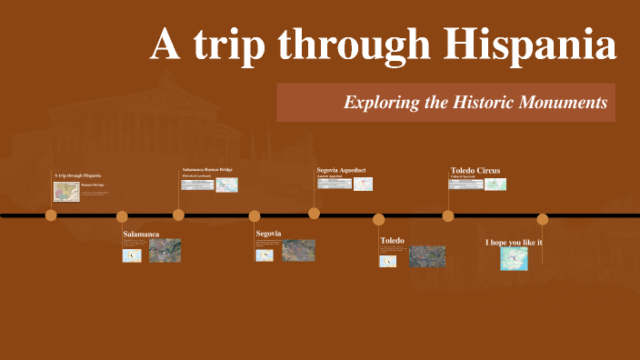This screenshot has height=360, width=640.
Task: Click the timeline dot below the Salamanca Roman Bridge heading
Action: click(178, 215)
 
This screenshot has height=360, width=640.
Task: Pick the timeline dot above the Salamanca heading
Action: click(122, 216)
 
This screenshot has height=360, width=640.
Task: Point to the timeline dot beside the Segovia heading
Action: click(255, 216)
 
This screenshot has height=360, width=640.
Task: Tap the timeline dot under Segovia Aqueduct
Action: click(314, 214)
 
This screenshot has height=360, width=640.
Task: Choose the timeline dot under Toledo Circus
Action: click(448, 216)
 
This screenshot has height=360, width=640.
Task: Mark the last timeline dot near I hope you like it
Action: click(543, 219)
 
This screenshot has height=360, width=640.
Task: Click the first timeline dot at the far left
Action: click(51, 215)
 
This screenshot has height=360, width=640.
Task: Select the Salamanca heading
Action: click(141, 235)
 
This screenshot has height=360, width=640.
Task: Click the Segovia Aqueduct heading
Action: click(341, 170)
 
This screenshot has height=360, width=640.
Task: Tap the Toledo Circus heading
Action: click(475, 170)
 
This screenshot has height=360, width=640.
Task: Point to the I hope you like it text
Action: click(514, 242)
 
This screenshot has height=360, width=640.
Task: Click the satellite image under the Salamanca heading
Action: click(165, 250)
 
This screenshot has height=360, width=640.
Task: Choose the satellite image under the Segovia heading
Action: click(298, 250)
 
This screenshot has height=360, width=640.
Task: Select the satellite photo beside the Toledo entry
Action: click(426, 256)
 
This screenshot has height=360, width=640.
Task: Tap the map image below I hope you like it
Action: click(515, 259)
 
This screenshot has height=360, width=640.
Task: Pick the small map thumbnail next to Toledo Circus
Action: click(495, 184)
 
